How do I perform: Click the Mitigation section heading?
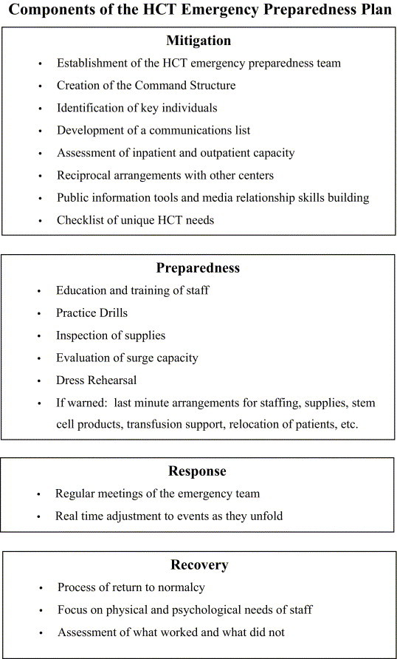[198, 41]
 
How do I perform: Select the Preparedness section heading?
[198, 267]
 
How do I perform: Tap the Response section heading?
[197, 471]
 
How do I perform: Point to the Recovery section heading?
[198, 565]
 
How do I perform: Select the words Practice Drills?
[92, 313]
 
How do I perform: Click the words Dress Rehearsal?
[96, 380]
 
